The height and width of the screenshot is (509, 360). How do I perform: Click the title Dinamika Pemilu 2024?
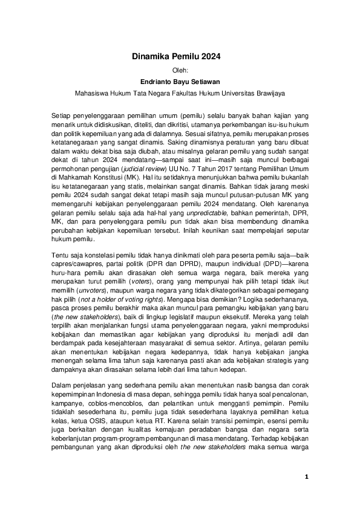coord(176,57)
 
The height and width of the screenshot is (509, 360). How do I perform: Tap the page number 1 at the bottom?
coord(306,477)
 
